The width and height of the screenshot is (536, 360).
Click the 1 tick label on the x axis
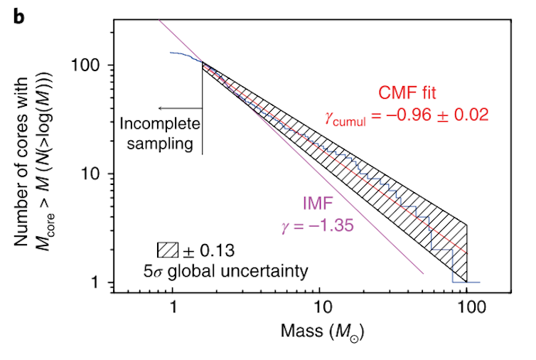(x=173, y=308)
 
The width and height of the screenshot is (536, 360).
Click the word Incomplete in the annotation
(x=160, y=125)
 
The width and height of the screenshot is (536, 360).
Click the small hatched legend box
(x=166, y=250)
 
